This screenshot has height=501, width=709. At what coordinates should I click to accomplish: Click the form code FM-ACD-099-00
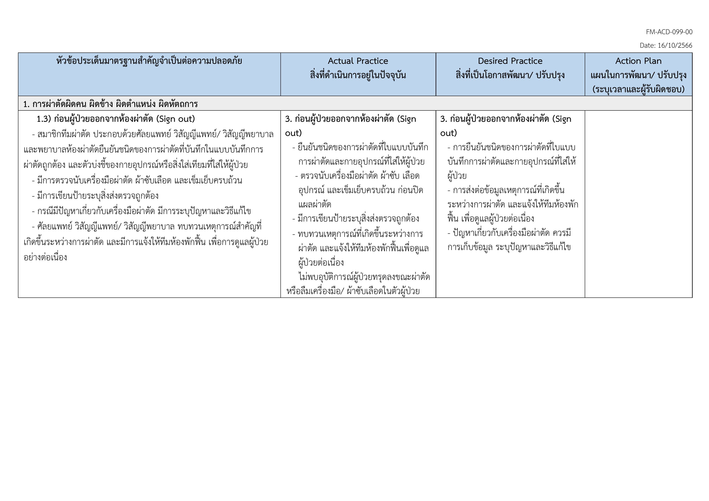tap(669, 32)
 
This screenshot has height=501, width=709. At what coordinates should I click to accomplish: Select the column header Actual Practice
tap(358, 61)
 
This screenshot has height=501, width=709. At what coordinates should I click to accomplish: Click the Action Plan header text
tap(638, 61)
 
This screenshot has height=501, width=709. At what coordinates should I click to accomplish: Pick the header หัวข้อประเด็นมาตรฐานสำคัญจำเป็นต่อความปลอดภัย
tap(149, 61)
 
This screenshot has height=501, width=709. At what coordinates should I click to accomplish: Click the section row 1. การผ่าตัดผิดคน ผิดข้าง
tap(110, 104)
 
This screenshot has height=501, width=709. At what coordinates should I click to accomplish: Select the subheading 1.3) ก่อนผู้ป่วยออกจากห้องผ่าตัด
tap(116, 119)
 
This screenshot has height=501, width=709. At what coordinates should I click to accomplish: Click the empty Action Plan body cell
tap(638, 204)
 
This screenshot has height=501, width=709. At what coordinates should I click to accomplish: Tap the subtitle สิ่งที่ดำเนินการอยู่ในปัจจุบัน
tap(358, 75)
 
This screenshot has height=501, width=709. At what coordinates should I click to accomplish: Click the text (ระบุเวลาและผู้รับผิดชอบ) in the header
tap(638, 89)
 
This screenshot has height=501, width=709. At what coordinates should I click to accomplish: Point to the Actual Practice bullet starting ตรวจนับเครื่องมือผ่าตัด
tap(360, 176)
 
